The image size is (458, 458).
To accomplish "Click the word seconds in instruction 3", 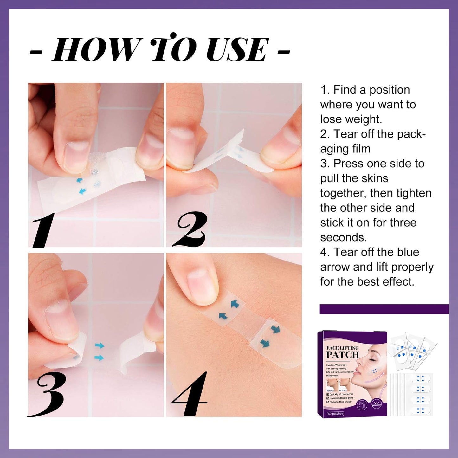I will [x=343, y=237].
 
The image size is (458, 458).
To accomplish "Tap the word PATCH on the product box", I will [x=343, y=355].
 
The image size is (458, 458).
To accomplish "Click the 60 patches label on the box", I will [x=336, y=414].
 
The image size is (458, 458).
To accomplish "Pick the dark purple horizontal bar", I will [x=384, y=309].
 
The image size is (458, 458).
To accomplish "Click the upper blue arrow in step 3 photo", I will [x=100, y=345].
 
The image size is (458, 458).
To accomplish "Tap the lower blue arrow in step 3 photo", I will [x=99, y=358].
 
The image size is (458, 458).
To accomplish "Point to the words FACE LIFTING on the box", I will [x=343, y=348].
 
